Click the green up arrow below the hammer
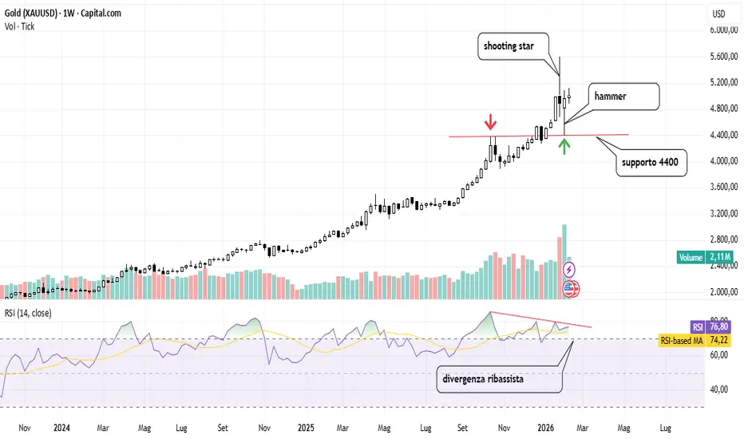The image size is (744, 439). (x=564, y=145)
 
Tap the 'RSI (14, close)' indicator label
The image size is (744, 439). (x=28, y=313)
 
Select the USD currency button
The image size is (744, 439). (x=718, y=14)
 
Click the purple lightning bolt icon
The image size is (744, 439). (x=570, y=268)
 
